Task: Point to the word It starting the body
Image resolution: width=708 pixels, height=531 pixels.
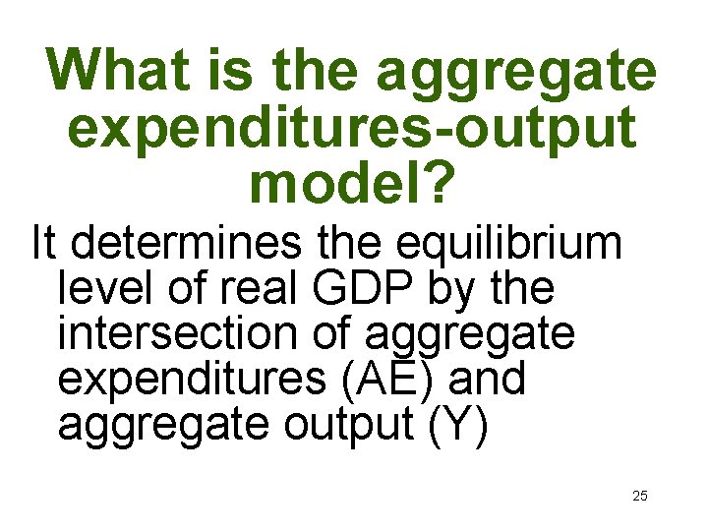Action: point(44,242)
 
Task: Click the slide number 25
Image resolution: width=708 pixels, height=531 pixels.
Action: point(639,496)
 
